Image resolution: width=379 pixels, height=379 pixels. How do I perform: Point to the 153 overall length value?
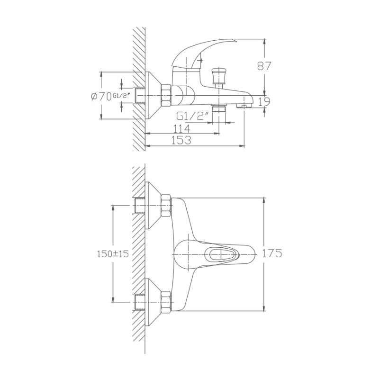tap(181, 140)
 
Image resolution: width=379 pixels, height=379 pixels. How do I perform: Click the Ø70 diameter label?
tap(99, 96)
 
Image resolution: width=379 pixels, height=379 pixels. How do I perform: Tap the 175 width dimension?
tap(272, 253)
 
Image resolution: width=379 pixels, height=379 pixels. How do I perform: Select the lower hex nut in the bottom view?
tap(166, 301)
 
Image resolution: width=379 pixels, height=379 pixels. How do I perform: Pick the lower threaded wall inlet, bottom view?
tap(140, 301)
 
